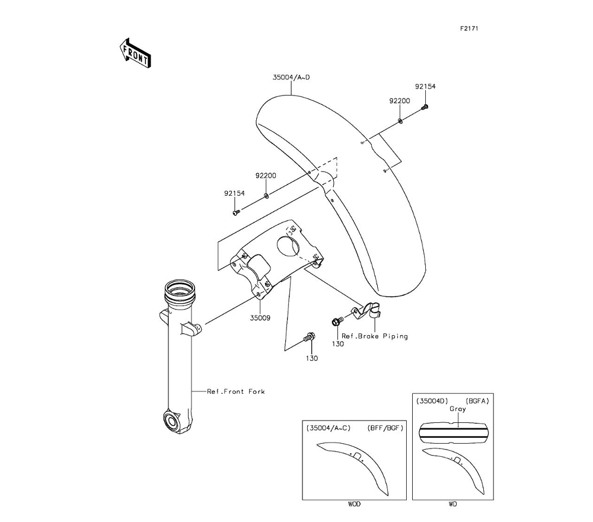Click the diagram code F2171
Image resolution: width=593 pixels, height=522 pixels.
[468, 28]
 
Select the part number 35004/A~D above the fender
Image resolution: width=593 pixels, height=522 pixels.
[291, 77]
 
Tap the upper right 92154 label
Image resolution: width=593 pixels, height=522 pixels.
[425, 86]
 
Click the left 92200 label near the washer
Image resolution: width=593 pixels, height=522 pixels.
[266, 176]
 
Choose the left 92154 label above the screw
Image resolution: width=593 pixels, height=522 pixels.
[234, 193]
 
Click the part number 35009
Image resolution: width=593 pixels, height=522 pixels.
[260, 318]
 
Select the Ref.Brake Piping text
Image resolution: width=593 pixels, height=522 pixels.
[375, 336]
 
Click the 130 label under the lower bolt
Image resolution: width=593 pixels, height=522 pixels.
[311, 358]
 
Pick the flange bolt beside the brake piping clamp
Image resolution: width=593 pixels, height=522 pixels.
[336, 322]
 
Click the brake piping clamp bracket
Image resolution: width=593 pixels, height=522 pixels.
[369, 309]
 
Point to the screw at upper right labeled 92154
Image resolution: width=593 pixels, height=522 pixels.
[425, 107]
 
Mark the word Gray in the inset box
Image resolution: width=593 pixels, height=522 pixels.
[457, 409]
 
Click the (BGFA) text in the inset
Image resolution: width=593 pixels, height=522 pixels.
[477, 400]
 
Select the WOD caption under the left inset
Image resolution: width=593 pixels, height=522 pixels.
[354, 504]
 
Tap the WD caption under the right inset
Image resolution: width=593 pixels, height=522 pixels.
[452, 504]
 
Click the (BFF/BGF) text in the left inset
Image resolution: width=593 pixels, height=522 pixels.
[385, 428]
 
